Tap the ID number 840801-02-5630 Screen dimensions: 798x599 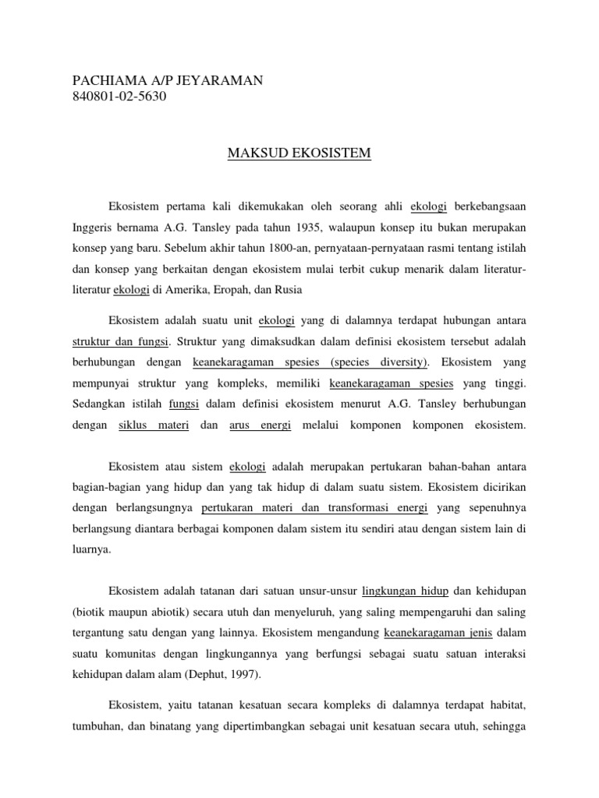click(119, 97)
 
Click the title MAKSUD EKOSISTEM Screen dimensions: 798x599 click(299, 154)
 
